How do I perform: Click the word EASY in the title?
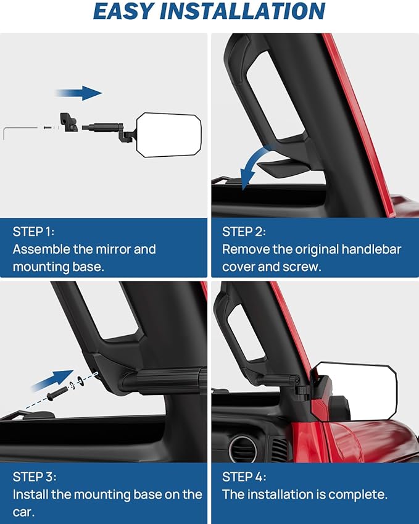pyautogui.click(x=123, y=11)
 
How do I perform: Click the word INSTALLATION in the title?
pyautogui.click(x=243, y=11)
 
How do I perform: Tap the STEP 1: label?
pyautogui.click(x=33, y=231)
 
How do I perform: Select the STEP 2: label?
pyautogui.click(x=244, y=231)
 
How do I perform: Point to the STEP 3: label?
pyautogui.click(x=35, y=477)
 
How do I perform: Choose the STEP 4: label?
pyautogui.click(x=244, y=477)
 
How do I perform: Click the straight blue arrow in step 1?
pyautogui.click(x=79, y=93)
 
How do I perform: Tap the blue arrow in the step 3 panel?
pyautogui.click(x=53, y=380)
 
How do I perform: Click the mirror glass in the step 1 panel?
pyautogui.click(x=169, y=135)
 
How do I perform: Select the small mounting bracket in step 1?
pyautogui.click(x=68, y=122)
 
